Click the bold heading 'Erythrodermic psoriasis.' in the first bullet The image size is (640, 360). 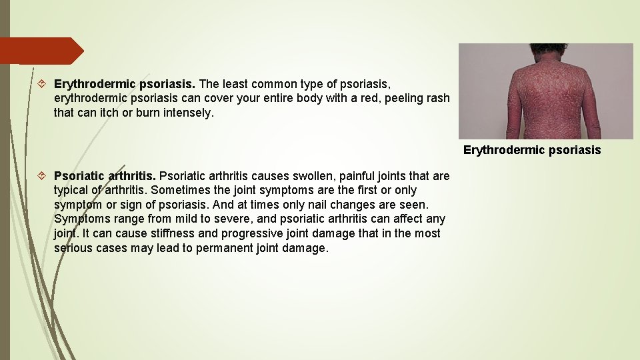pos(124,84)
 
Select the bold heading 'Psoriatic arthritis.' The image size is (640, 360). pos(105,176)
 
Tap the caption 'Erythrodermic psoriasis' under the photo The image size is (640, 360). pos(531,150)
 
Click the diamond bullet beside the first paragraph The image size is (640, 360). pos(41,84)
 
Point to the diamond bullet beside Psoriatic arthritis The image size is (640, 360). pos(41,176)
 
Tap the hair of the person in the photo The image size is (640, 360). pos(548,49)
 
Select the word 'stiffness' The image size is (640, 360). pos(169,234)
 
